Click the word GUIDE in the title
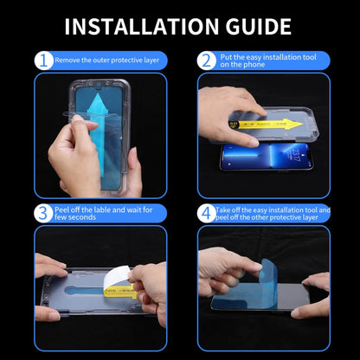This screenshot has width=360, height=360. click(x=256, y=26)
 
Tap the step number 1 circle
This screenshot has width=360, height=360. click(x=43, y=61)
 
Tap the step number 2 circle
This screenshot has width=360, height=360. click(x=206, y=61)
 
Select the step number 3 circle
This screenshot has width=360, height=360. click(x=43, y=213)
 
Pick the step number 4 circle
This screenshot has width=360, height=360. click(x=206, y=213)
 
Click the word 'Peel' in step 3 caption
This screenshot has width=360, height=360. click(x=65, y=209)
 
